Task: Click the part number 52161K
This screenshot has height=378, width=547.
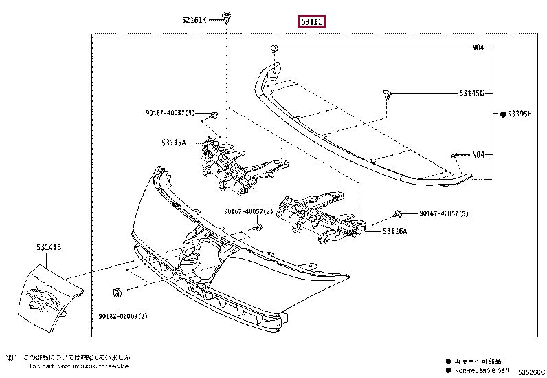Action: (193, 20)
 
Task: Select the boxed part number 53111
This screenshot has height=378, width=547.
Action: (311, 22)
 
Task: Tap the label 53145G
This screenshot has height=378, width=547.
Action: (472, 92)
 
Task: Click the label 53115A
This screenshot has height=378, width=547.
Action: (174, 143)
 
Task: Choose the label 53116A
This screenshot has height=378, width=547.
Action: (394, 231)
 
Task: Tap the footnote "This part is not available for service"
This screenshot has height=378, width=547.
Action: (79, 366)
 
